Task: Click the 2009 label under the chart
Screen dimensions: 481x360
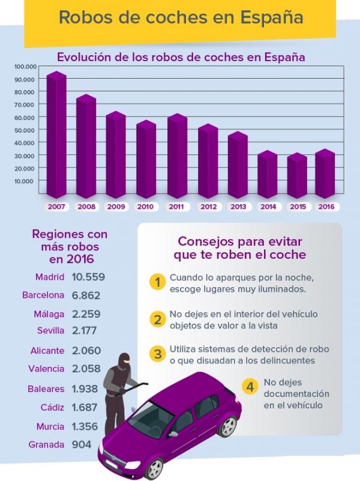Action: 116,207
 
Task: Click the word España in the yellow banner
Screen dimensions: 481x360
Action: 271,17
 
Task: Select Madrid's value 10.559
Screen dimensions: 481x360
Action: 88,277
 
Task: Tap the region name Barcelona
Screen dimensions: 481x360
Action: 43,295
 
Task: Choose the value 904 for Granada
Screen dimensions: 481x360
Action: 82,445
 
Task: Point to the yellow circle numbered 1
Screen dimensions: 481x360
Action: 157,282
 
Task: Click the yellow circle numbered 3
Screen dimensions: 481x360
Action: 157,354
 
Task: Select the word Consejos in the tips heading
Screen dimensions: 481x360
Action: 203,241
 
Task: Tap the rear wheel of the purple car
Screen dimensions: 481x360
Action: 227,426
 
